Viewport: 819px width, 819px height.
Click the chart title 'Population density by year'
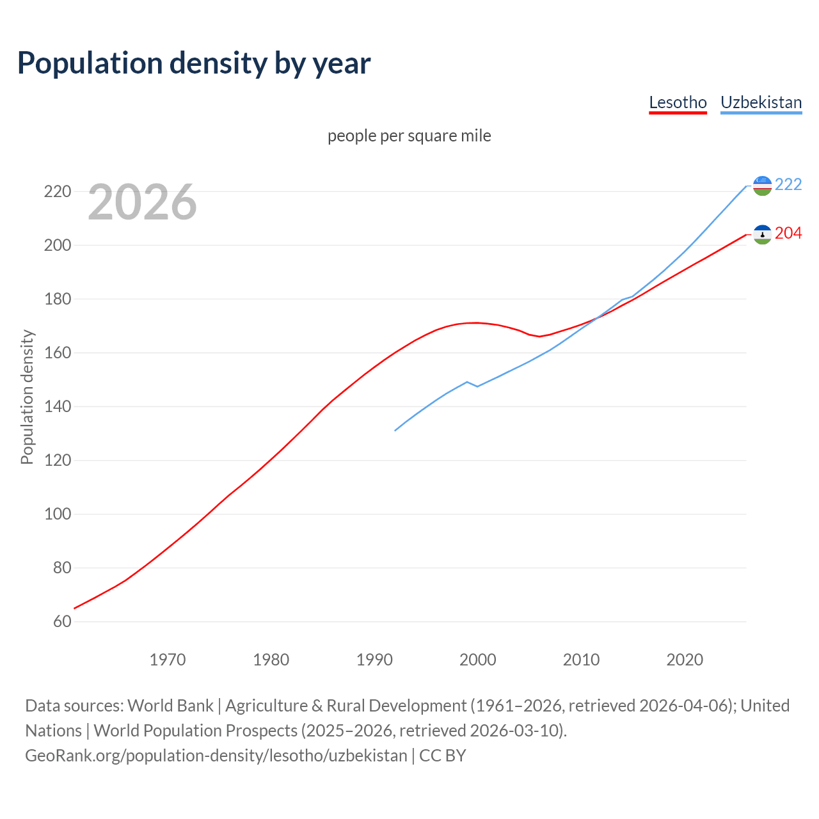pyautogui.click(x=194, y=63)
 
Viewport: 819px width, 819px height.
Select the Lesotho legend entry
pyautogui.click(x=678, y=102)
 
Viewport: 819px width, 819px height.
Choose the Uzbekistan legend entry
pyautogui.click(x=761, y=102)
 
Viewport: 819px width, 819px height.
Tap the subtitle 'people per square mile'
pyautogui.click(x=409, y=136)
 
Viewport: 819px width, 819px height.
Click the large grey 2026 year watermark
pyautogui.click(x=142, y=202)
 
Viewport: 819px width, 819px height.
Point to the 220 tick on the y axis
pyautogui.click(x=57, y=191)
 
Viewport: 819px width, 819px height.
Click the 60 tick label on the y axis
pyautogui.click(x=62, y=621)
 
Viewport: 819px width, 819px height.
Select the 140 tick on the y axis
pyautogui.click(x=57, y=406)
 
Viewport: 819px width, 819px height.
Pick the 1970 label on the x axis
pyautogui.click(x=167, y=660)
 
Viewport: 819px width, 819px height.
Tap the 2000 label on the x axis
pyautogui.click(x=477, y=660)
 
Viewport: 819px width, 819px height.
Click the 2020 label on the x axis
pyautogui.click(x=685, y=660)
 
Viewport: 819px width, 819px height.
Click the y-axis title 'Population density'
pyautogui.click(x=27, y=397)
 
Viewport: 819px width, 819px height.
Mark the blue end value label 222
pyautogui.click(x=788, y=184)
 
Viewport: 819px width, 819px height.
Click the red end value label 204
pyautogui.click(x=788, y=233)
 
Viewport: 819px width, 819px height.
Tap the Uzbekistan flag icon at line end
pyautogui.click(x=762, y=186)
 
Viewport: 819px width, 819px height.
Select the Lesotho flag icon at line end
pyautogui.click(x=762, y=234)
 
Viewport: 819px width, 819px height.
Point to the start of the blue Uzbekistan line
pyautogui.click(x=395, y=430)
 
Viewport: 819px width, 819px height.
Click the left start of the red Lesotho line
pyautogui.click(x=75, y=608)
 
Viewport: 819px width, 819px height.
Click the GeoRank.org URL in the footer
pyautogui.click(x=216, y=756)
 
